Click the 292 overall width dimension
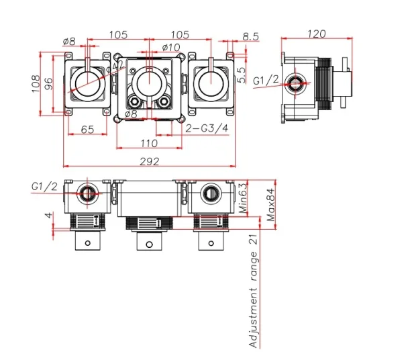pos(150,161)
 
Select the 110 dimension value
pos(150,142)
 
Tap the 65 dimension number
pos(87,129)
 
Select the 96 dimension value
pos(50,84)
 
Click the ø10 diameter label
pos(172,47)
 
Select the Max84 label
pos(270,205)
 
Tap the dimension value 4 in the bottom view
pos(49,216)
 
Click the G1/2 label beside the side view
pos(265,81)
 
